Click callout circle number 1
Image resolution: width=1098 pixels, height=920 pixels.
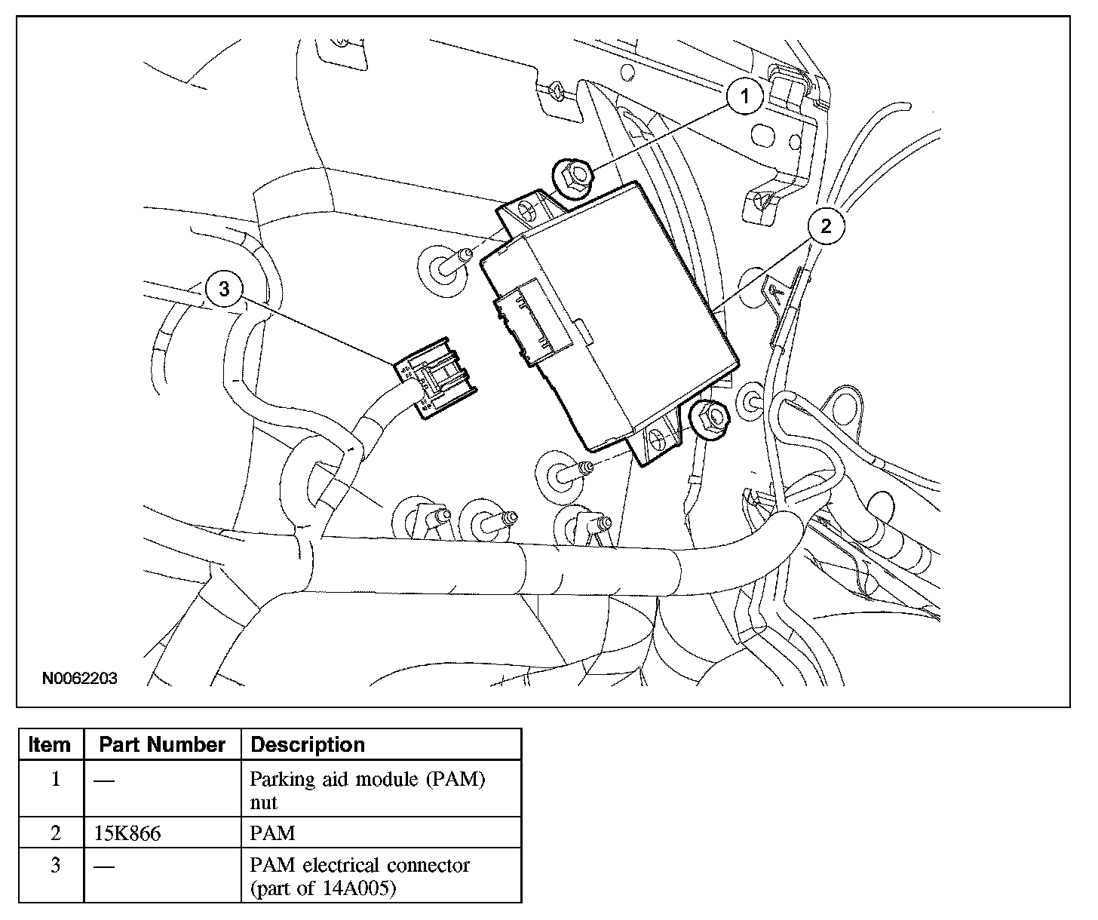[x=745, y=97]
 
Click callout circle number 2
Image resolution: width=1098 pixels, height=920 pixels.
[x=826, y=225]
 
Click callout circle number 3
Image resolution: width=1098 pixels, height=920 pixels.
[x=223, y=289]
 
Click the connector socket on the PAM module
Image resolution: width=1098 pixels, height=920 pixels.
[x=529, y=322]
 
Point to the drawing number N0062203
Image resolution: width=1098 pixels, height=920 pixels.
[x=79, y=678]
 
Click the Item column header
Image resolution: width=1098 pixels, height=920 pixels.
[x=50, y=744]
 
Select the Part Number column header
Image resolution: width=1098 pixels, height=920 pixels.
[x=162, y=744]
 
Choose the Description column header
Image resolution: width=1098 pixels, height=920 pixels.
[x=308, y=744]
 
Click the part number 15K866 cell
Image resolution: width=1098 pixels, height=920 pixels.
[x=127, y=833]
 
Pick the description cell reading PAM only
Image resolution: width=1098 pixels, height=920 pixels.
[x=272, y=833]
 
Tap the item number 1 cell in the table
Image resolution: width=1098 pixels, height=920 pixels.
[x=55, y=779]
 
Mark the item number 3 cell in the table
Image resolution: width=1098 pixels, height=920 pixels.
[x=55, y=865]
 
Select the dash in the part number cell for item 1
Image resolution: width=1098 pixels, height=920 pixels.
[x=104, y=780]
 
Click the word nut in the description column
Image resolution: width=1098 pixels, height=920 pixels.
[x=263, y=802]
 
